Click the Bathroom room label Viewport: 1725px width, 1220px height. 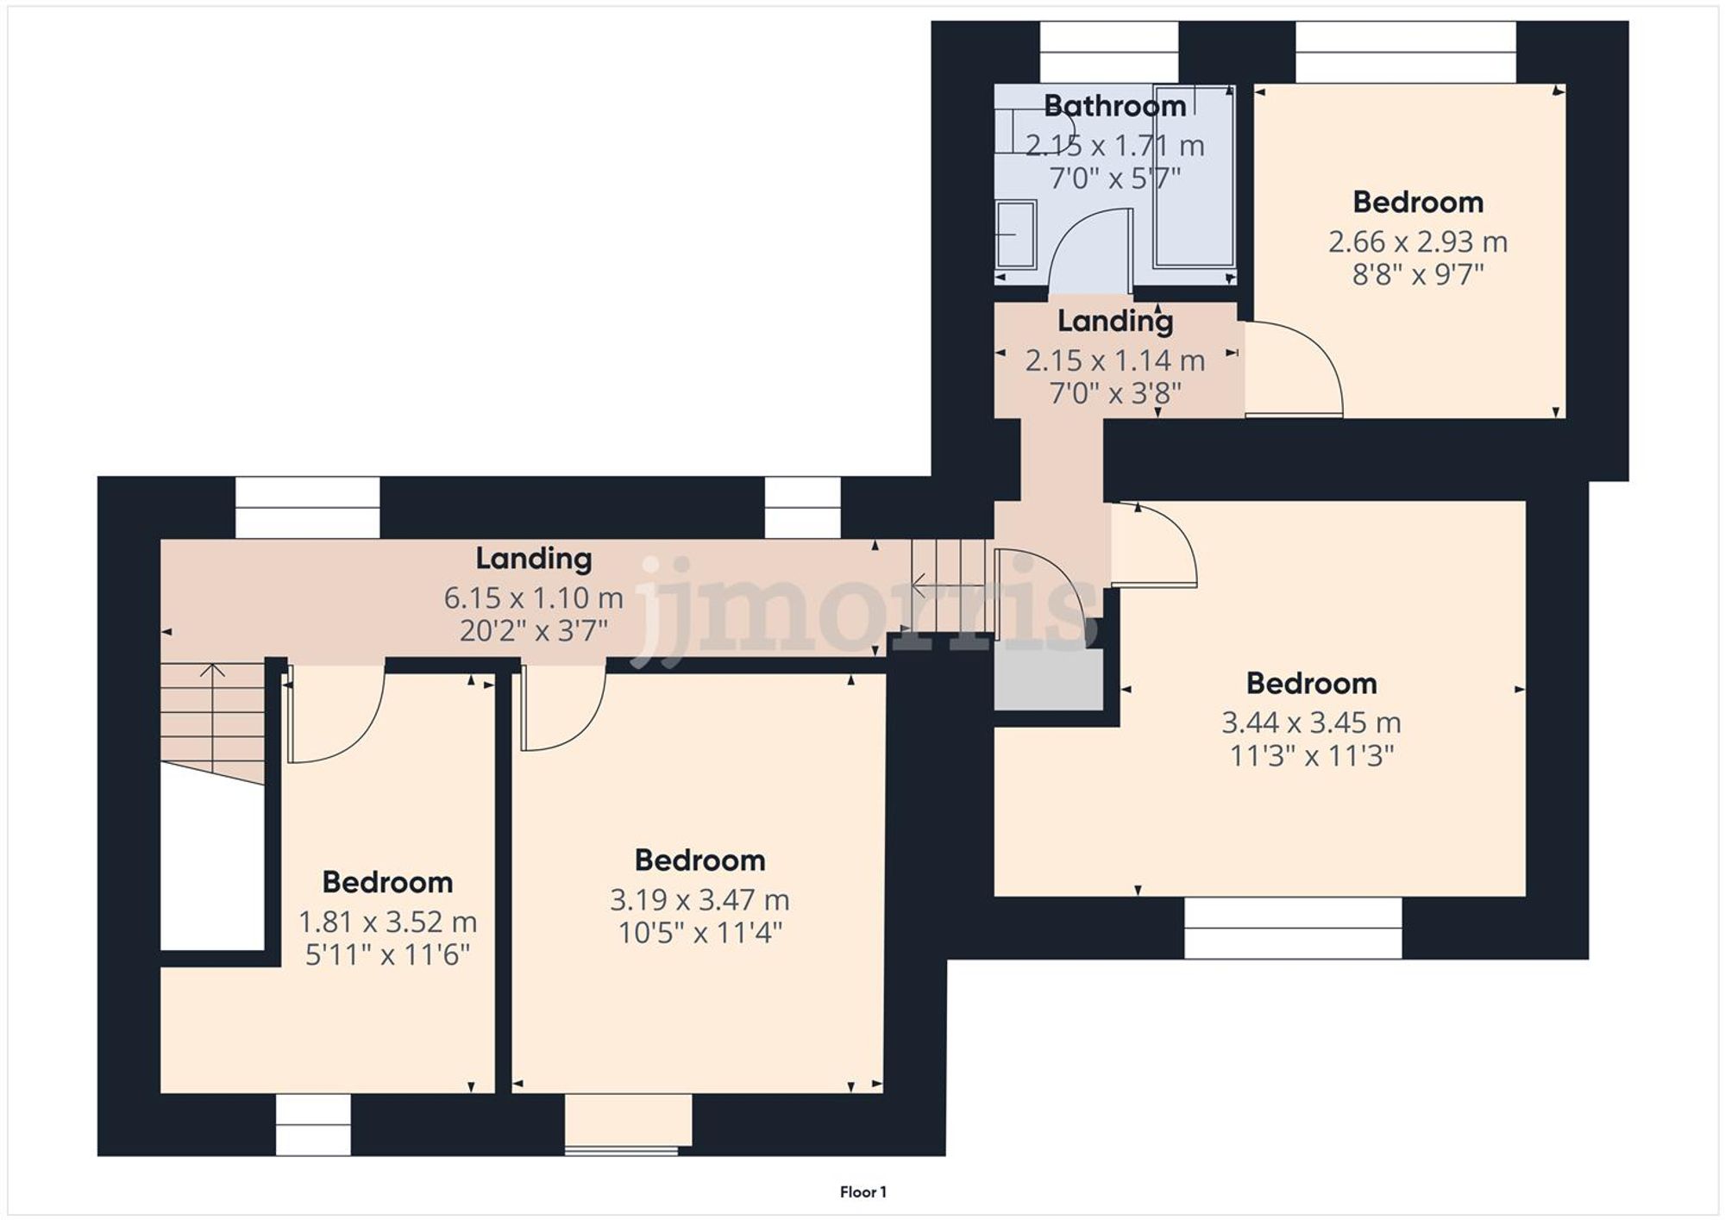[1114, 106]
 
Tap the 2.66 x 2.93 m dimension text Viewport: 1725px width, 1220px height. [1417, 241]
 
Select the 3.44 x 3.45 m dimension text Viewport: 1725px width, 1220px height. [1311, 723]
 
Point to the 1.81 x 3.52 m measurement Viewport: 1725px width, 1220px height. [387, 922]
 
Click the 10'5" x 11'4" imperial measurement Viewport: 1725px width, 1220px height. [699, 933]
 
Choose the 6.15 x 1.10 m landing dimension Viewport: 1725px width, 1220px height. [533, 597]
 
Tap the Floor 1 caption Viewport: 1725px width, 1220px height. [862, 1192]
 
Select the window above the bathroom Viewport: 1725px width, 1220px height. [1108, 52]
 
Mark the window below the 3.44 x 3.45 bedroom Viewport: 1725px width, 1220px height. [1292, 928]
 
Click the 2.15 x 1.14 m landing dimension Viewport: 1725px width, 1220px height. [1114, 360]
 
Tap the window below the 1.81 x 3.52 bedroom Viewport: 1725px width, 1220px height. [313, 1124]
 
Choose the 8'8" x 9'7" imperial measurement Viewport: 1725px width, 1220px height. [1417, 275]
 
